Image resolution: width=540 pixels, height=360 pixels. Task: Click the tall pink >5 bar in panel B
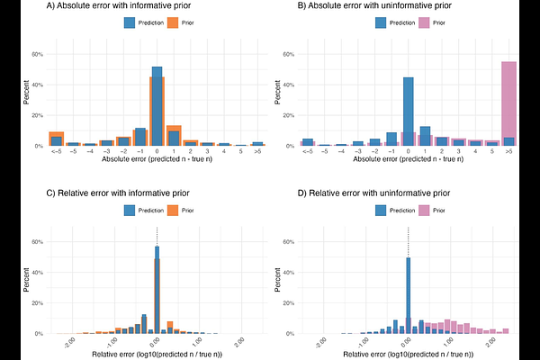tap(508, 103)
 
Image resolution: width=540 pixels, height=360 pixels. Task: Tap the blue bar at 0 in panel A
tap(157, 106)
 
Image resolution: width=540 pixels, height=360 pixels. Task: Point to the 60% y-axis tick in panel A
tap(38, 54)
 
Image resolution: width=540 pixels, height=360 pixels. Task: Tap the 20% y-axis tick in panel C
tap(38, 303)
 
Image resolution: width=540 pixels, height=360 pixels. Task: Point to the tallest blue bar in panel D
tap(408, 295)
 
